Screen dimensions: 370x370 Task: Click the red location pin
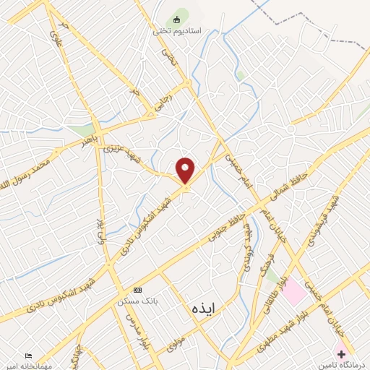[x=186, y=171]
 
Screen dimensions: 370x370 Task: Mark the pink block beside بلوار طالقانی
[x=293, y=293]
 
